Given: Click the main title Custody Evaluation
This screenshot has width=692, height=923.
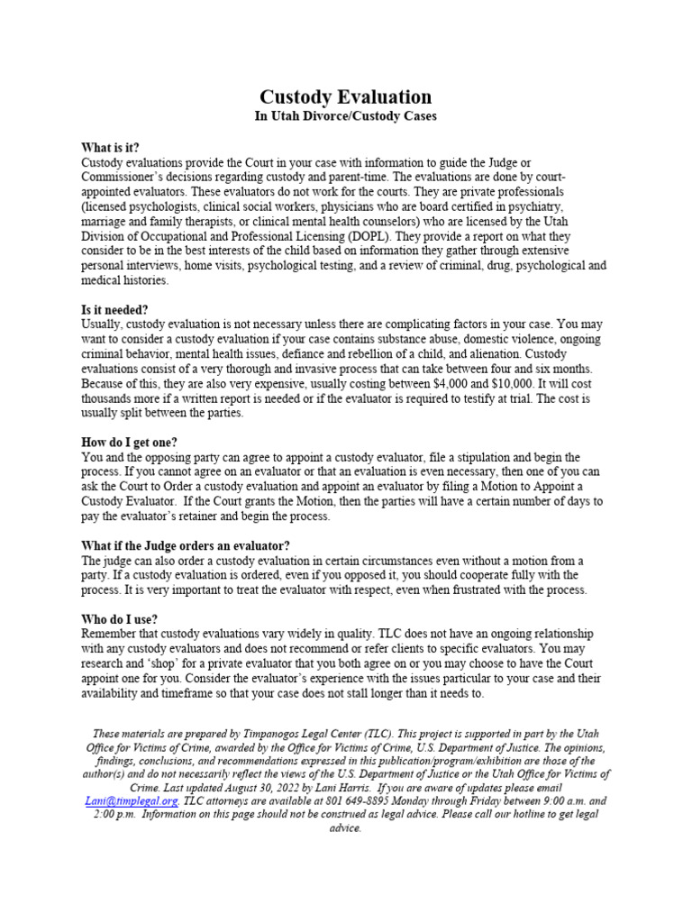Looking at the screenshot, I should click(x=346, y=96).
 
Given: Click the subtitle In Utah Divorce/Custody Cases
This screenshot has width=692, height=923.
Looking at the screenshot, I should click(x=346, y=117).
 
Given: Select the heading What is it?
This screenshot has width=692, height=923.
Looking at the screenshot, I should click(x=111, y=148).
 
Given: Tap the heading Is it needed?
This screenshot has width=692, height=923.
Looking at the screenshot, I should click(x=114, y=309).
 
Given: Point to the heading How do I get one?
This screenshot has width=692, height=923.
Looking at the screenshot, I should click(x=129, y=442).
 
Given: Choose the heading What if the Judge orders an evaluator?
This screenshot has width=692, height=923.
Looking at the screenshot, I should click(x=186, y=545).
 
